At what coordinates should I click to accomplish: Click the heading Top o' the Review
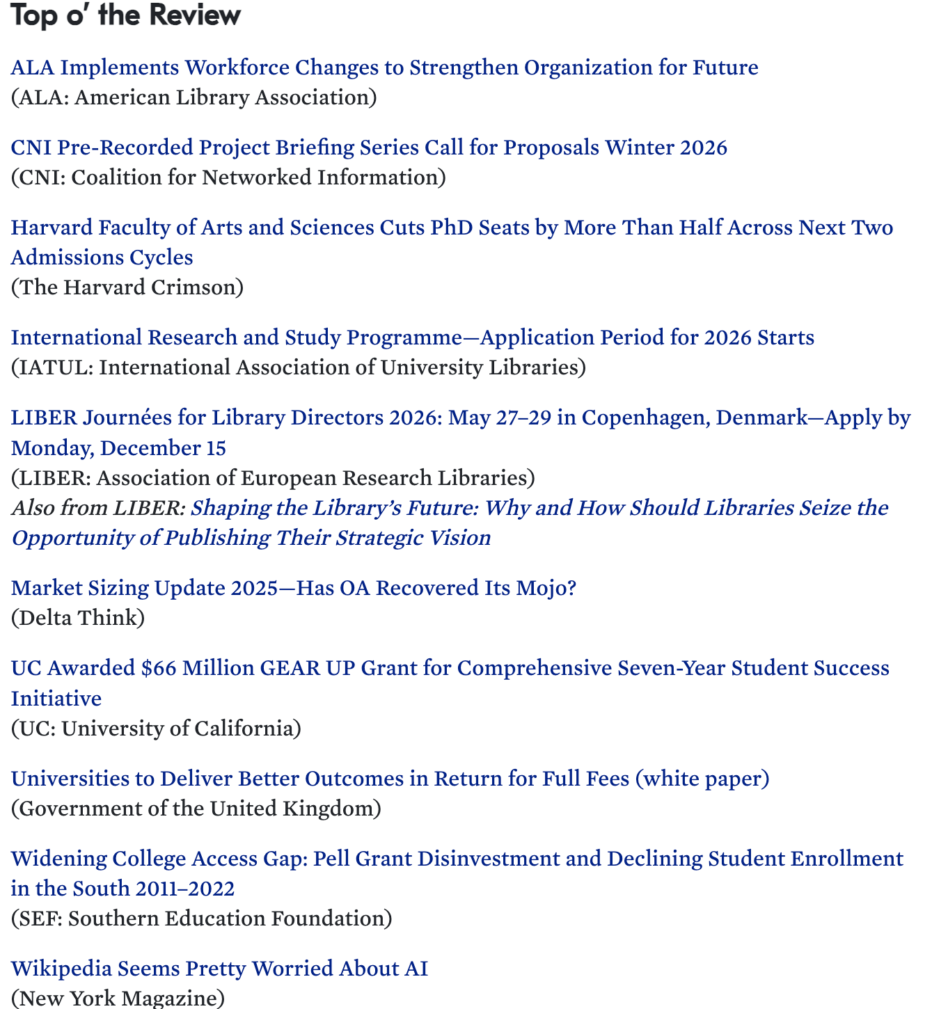pyautogui.click(x=126, y=15)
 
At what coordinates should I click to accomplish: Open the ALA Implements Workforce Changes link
pyautogui.click(x=384, y=67)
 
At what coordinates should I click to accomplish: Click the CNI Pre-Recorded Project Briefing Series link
pyautogui.click(x=369, y=148)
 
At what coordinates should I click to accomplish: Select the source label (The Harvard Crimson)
pyautogui.click(x=127, y=287)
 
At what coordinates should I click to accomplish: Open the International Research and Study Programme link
pyautogui.click(x=412, y=337)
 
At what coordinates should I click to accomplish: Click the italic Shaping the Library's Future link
pyautogui.click(x=449, y=508)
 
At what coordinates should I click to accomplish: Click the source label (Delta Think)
pyautogui.click(x=78, y=618)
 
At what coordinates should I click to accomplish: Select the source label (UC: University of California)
pyautogui.click(x=156, y=729)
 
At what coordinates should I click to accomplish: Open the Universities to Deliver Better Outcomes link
pyautogui.click(x=390, y=778)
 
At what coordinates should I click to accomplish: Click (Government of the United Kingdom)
pyautogui.click(x=196, y=809)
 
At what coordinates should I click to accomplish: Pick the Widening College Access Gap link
pyautogui.click(x=457, y=859)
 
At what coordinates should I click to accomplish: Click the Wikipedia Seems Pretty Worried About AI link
pyautogui.click(x=219, y=969)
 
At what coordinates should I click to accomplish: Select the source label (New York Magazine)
pyautogui.click(x=118, y=999)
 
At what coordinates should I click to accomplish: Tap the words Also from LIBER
pyautogui.click(x=97, y=508)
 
